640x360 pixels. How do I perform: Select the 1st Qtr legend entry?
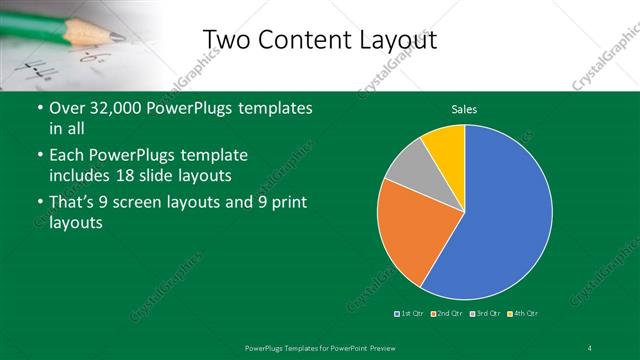(x=409, y=314)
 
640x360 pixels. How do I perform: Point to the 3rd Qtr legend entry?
(x=484, y=314)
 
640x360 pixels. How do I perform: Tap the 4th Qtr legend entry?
(x=524, y=314)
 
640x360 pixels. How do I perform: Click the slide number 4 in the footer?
(x=590, y=347)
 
